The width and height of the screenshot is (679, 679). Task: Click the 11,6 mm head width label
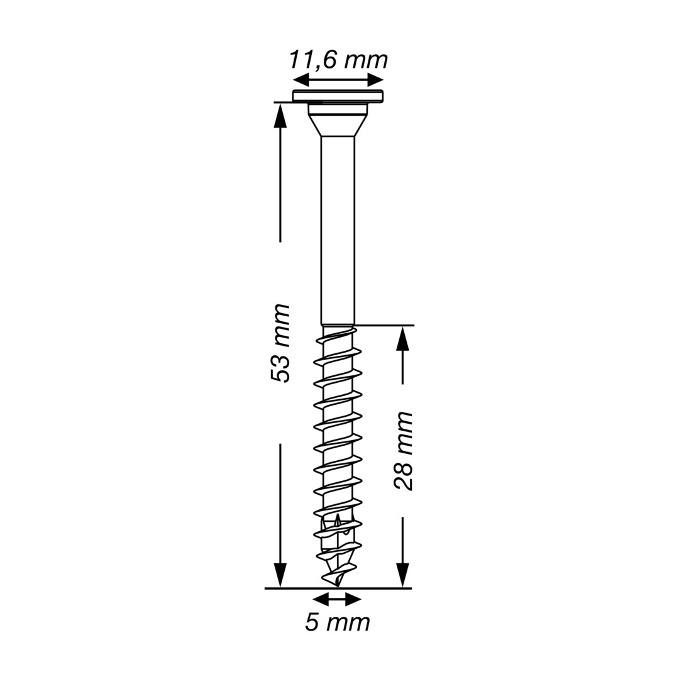coord(338,61)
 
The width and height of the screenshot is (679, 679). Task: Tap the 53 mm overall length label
coord(279,343)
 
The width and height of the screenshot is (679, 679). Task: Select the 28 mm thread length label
coord(403,451)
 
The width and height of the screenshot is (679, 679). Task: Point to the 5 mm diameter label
coord(338,622)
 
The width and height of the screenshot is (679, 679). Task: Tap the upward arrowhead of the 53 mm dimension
coord(280,115)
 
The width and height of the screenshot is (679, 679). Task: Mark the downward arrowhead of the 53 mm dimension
coord(280,576)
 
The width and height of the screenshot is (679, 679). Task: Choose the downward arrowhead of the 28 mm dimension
coord(403,576)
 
